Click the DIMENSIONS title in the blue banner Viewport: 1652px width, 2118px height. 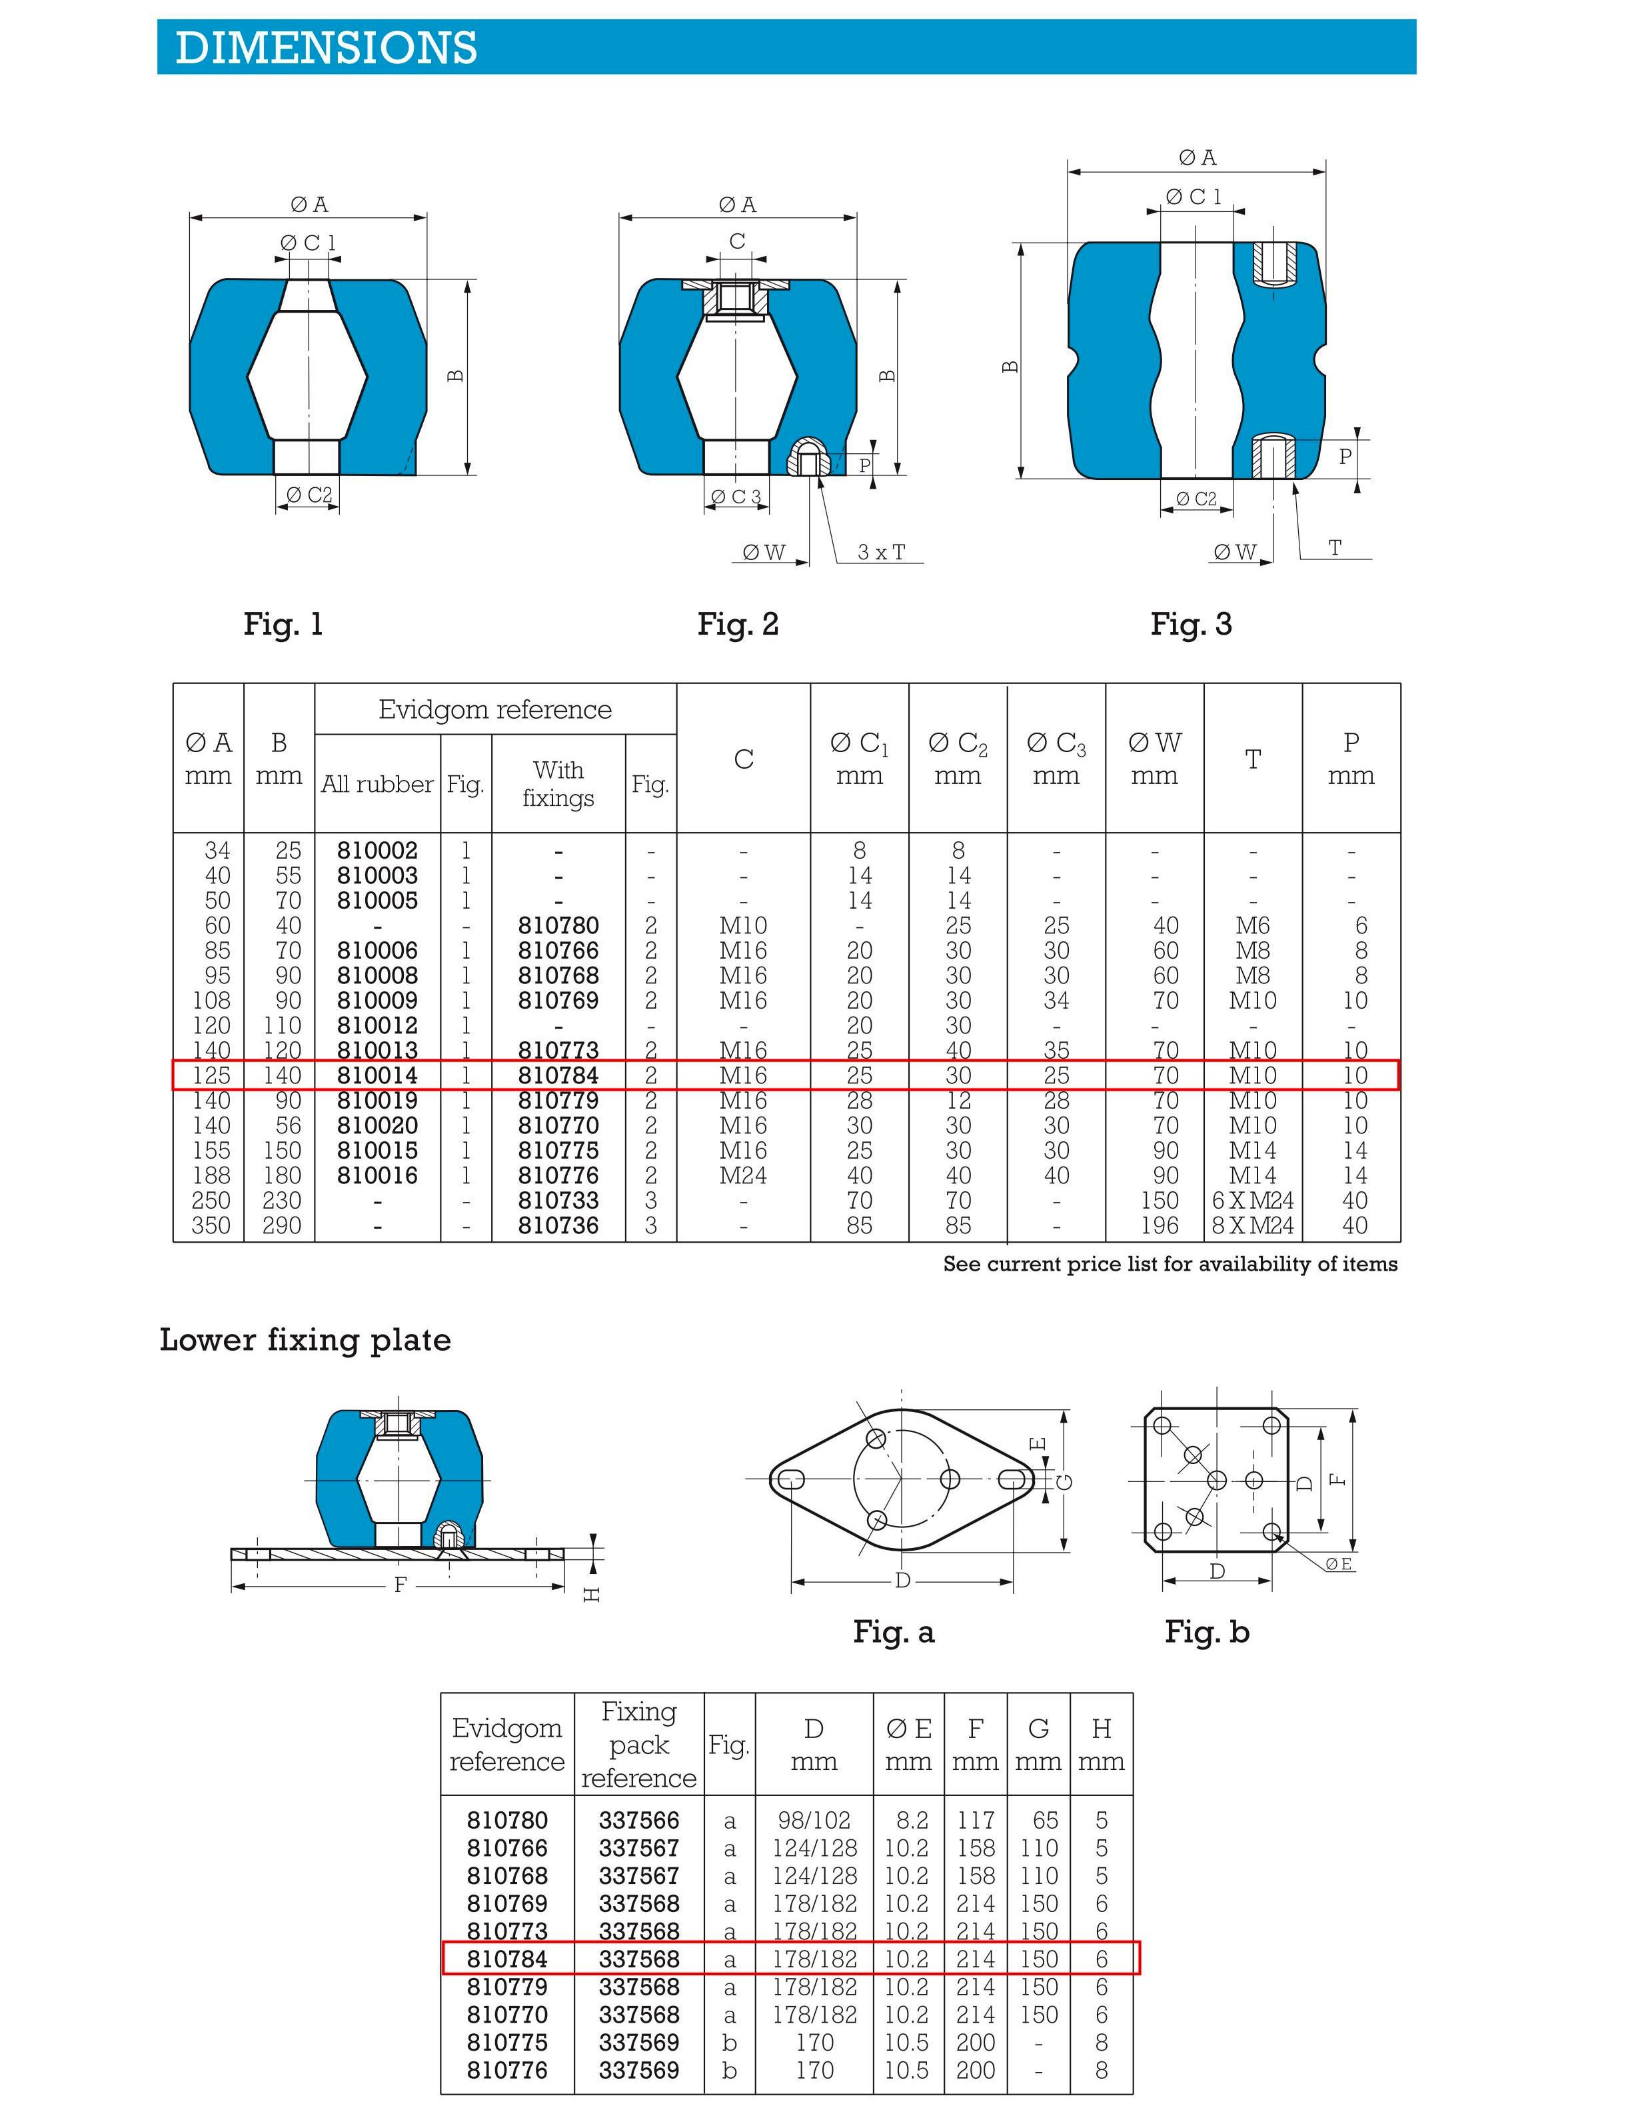(326, 47)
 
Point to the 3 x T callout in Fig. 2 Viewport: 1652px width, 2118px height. (881, 552)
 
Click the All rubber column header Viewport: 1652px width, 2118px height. (377, 783)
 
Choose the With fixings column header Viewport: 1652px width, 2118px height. (558, 783)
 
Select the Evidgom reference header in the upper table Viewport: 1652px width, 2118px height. (494, 710)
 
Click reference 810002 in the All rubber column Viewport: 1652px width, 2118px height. (377, 851)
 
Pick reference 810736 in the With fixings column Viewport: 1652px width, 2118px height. (558, 1226)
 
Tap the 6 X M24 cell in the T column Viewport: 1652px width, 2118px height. (1253, 1201)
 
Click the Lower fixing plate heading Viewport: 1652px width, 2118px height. (305, 1340)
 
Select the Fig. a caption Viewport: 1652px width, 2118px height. (894, 1632)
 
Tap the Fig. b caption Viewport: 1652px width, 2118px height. (1207, 1632)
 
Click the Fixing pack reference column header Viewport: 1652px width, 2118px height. (639, 1745)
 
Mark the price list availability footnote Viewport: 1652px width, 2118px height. (1170, 1265)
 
